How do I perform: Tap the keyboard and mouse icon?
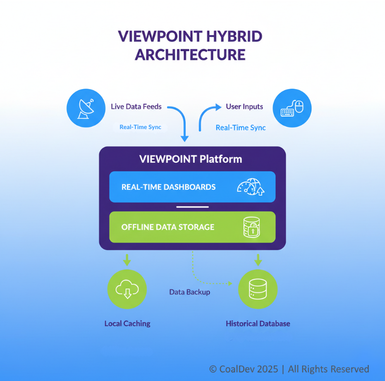(x=292, y=108)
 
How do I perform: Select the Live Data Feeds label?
(x=136, y=106)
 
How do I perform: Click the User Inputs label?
(x=244, y=106)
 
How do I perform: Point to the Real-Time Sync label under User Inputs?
(x=241, y=128)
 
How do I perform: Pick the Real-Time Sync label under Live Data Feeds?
(x=141, y=128)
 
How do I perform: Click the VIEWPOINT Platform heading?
(x=191, y=159)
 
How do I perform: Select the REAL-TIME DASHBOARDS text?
(x=168, y=187)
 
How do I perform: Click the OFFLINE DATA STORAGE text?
(x=168, y=227)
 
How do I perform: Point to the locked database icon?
(x=251, y=227)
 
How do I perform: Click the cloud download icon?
(x=127, y=289)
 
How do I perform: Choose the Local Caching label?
(x=128, y=324)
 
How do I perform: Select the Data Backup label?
(x=190, y=292)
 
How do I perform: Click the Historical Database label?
(x=258, y=324)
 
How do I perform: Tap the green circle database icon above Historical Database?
(x=258, y=289)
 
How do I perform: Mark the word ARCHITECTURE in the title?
(x=190, y=54)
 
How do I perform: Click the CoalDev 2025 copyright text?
(x=289, y=369)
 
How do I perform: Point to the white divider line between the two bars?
(x=192, y=207)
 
